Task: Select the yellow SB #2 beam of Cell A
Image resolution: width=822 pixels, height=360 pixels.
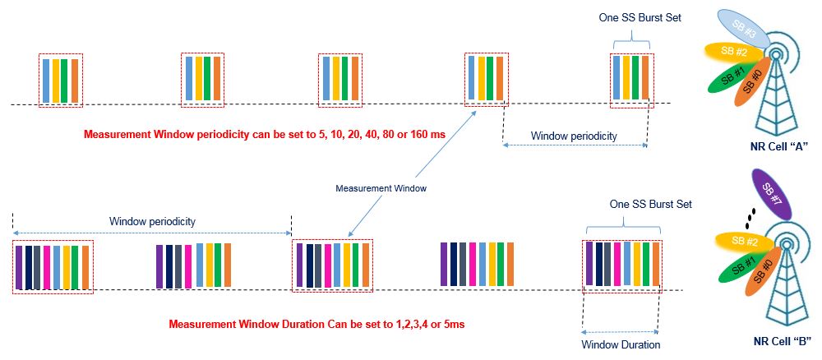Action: [x=728, y=53]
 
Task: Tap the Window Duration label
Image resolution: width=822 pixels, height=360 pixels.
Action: [x=621, y=344]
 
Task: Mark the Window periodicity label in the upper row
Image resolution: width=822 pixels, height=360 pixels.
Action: [x=573, y=135]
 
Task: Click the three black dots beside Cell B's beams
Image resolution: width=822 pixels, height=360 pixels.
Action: [x=749, y=217]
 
